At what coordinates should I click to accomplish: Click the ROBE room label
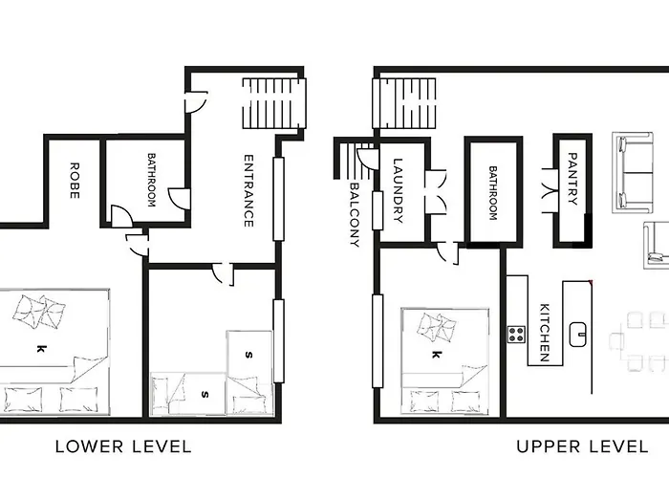point(75,181)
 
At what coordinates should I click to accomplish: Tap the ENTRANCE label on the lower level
point(248,191)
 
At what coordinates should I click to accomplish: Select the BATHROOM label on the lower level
point(151,180)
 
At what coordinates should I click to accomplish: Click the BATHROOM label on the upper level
point(493,193)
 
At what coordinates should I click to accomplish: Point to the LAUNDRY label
point(398,190)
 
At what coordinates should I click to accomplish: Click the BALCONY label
point(355,215)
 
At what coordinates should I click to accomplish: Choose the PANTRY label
point(573,179)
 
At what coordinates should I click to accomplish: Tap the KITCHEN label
point(545,333)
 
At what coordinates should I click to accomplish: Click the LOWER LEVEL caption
point(123,446)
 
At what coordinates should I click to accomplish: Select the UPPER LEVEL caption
point(582,446)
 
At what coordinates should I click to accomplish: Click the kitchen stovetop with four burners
point(516,335)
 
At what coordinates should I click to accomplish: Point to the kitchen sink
point(578,335)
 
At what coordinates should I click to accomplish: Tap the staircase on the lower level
point(274,103)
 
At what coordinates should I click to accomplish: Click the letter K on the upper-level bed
point(435,355)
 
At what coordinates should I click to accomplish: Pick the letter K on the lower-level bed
point(40,349)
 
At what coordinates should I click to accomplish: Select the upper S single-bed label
point(249,355)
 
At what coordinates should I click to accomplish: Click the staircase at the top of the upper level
point(404,103)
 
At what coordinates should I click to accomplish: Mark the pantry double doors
point(550,190)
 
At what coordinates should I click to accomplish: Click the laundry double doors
point(436,191)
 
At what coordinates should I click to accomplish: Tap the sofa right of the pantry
point(633,172)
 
